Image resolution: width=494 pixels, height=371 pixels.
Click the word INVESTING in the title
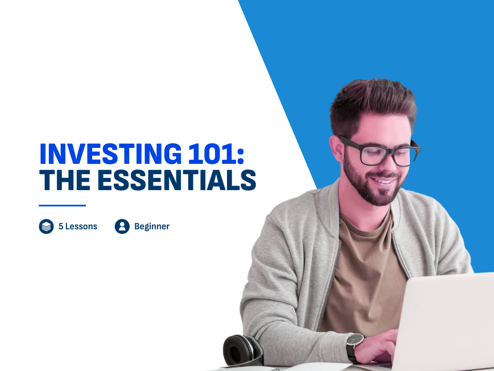click(x=111, y=154)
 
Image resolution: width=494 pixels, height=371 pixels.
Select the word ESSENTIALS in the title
click(x=177, y=180)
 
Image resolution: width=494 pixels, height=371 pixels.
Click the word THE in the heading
click(x=65, y=180)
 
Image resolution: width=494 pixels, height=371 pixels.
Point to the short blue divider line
click(x=62, y=206)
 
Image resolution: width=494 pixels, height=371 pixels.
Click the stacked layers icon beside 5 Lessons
click(x=46, y=226)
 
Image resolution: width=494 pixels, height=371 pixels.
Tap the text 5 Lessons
click(x=78, y=226)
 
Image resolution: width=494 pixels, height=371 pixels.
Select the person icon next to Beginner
click(x=122, y=226)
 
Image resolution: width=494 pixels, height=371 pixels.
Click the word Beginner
click(x=152, y=227)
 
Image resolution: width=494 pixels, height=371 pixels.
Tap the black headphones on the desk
click(x=242, y=351)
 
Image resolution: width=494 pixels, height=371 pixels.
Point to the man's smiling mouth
click(x=383, y=181)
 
